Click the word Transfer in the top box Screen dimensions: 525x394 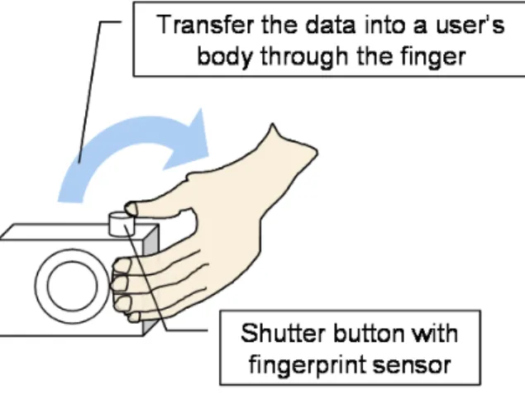(x=205, y=25)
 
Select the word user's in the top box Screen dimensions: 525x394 (x=470, y=25)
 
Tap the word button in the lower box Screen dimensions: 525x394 (x=369, y=333)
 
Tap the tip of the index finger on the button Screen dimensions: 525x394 (x=129, y=209)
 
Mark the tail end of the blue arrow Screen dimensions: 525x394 (x=70, y=198)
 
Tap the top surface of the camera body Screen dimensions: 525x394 (x=67, y=231)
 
